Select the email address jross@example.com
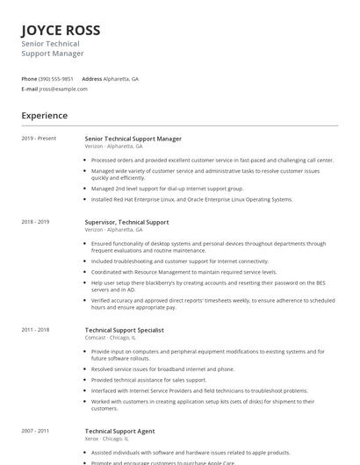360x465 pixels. pos(63,89)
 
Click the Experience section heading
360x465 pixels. pos(45,116)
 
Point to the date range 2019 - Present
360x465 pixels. pos(39,139)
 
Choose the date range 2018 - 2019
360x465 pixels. pos(36,222)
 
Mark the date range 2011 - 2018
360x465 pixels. pos(36,329)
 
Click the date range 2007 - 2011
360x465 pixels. pos(36,432)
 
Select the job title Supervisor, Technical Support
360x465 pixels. pos(126,222)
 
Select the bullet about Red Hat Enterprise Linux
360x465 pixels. pos(191,199)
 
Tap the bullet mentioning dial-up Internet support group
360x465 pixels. pos(167,188)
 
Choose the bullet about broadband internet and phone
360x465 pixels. pos(162,369)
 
